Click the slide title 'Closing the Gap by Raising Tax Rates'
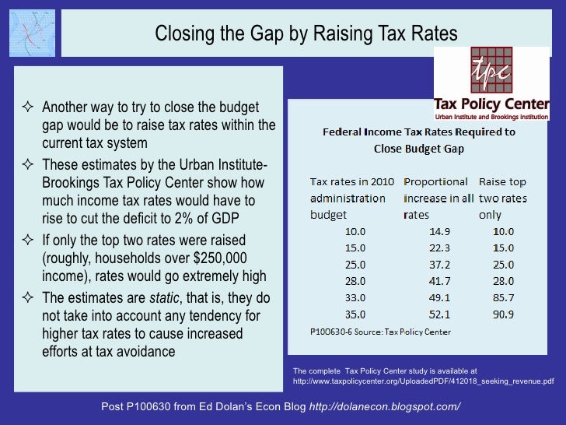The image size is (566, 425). (306, 33)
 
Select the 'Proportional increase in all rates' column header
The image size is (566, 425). (438, 198)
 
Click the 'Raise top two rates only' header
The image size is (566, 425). (502, 198)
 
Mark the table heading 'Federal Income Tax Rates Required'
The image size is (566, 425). (419, 132)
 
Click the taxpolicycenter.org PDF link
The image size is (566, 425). (423, 381)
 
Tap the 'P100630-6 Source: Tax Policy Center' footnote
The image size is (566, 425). (380, 332)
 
